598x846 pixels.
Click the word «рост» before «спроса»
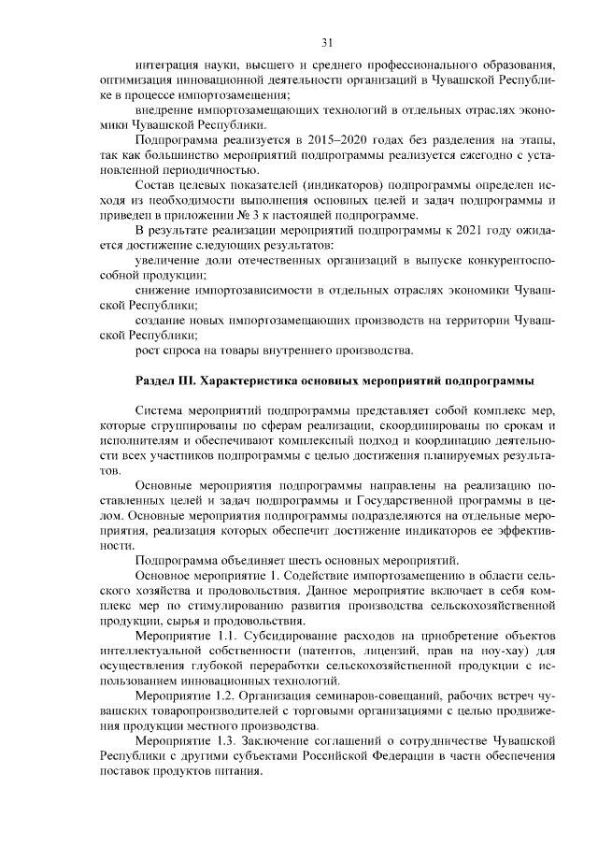tap(148, 351)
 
